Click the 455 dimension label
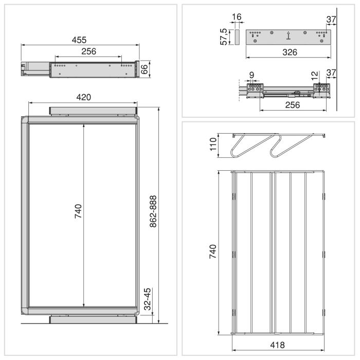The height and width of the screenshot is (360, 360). click(x=79, y=40)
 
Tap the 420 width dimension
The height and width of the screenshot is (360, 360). click(x=83, y=98)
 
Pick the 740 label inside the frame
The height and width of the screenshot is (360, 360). click(x=79, y=212)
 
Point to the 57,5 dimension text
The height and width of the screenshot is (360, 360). click(x=224, y=37)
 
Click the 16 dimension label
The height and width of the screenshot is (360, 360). click(x=237, y=17)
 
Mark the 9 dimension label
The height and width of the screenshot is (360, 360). click(x=251, y=76)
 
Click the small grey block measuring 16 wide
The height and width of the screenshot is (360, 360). click(x=237, y=37)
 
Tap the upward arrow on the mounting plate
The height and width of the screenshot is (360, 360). click(x=289, y=36)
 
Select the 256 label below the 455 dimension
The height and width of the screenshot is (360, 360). click(x=88, y=51)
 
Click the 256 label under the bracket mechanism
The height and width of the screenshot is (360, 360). click(x=292, y=105)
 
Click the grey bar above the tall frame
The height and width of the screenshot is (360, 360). click(x=94, y=111)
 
